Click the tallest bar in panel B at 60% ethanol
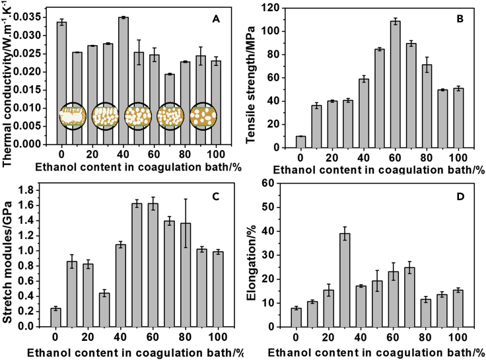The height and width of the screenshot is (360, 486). click(395, 83)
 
